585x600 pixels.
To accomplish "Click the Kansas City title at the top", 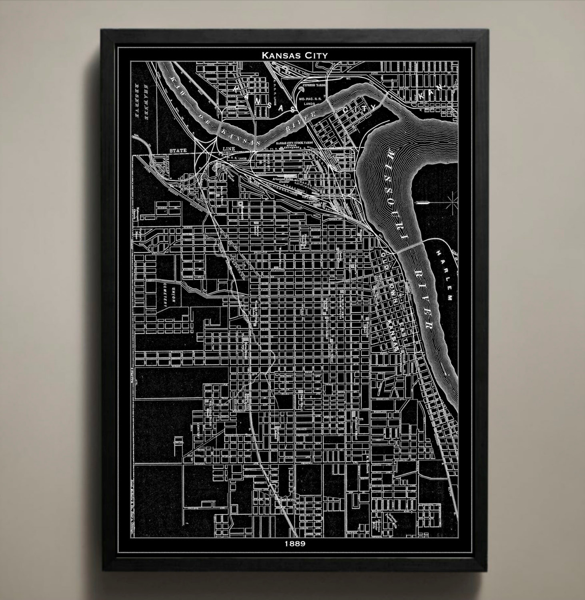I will tap(295, 55).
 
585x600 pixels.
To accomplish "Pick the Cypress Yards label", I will tap(315, 86).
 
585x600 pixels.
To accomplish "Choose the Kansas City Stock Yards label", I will tap(294, 143).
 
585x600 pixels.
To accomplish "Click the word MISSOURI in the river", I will tap(395, 200).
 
